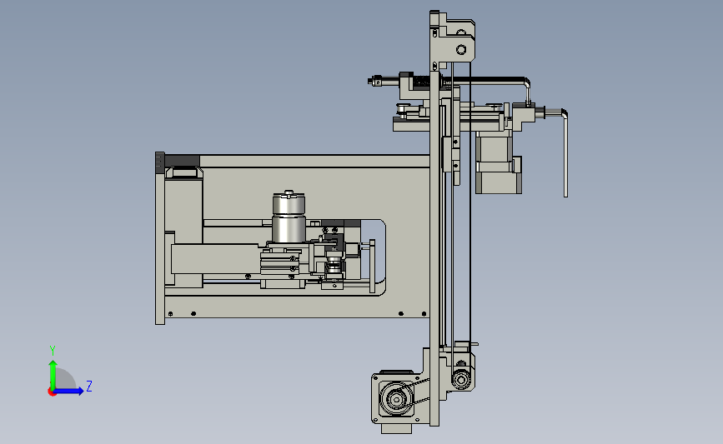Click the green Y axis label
tap(53, 351)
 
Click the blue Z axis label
tap(89, 386)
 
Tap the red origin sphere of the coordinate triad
tap(52, 392)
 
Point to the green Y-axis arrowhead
tap(53, 365)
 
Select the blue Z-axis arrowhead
tap(80, 391)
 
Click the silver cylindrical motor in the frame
tap(289, 217)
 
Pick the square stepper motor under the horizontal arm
tap(496, 162)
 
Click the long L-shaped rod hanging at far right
tap(565, 152)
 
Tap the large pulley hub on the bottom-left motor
tap(396, 399)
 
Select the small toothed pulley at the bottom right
tap(460, 380)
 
